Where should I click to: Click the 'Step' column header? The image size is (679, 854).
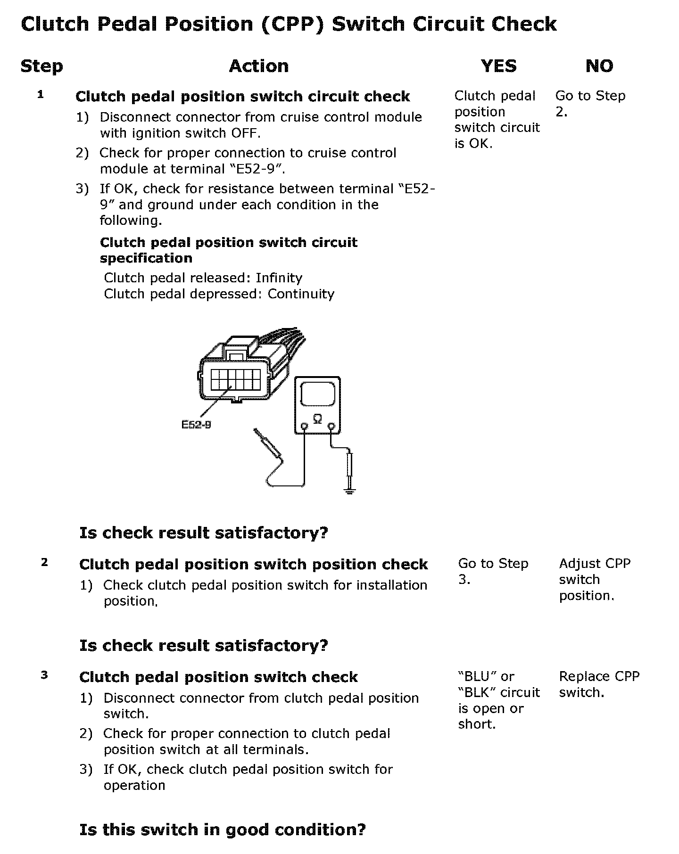(41, 66)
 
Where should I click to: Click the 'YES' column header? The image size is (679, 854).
(498, 66)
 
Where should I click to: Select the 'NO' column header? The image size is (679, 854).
(599, 66)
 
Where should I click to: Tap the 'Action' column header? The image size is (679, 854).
(258, 66)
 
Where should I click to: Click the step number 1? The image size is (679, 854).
(41, 95)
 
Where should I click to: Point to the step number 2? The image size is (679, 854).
(44, 562)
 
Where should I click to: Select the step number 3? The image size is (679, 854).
(44, 675)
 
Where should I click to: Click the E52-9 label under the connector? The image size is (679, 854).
(196, 425)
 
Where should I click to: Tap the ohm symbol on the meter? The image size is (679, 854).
(317, 418)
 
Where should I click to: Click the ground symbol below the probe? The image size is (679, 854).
(349, 492)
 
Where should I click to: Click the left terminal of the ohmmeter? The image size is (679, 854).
(304, 427)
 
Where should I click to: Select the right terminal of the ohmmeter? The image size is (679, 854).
(331, 427)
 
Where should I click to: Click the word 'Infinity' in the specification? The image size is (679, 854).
(279, 278)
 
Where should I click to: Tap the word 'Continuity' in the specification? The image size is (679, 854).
(301, 294)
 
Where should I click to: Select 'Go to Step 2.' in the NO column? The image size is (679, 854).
(590, 104)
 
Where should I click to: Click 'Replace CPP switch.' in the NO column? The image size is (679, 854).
(599, 684)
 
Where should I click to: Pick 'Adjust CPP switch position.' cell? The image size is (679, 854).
(595, 579)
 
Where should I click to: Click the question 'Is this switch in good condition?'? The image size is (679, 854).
(222, 829)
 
